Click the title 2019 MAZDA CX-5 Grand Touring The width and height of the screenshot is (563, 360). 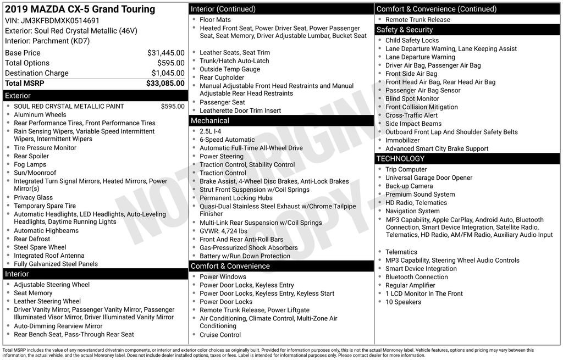[x=80, y=9]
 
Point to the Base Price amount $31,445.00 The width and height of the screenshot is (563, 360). [x=165, y=53]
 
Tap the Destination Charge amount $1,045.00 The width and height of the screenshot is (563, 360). [x=168, y=73]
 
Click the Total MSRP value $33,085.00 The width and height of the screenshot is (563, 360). [x=165, y=84]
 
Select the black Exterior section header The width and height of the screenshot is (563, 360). [x=95, y=96]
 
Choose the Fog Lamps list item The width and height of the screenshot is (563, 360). [x=30, y=164]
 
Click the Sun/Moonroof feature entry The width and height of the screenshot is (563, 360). [x=35, y=173]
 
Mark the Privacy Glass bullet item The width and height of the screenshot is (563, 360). [x=34, y=197]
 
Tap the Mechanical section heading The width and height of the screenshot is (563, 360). [x=209, y=121]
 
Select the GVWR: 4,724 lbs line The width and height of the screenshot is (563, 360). [x=223, y=231]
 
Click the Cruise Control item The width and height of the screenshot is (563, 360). [x=220, y=335]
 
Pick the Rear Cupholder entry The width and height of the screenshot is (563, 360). [x=222, y=77]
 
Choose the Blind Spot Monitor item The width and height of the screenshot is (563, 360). [x=412, y=99]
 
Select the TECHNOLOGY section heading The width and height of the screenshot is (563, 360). [x=400, y=159]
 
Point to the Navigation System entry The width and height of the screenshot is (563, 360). [x=412, y=211]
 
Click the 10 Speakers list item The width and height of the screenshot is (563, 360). [x=403, y=302]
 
